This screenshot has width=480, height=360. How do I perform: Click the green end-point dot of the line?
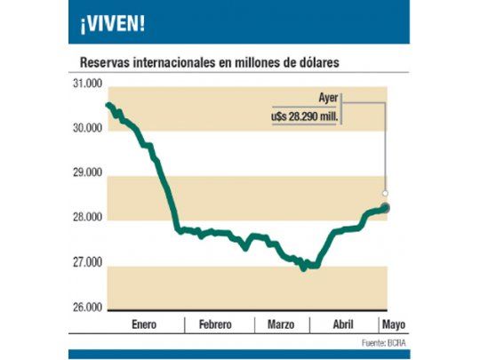coord(385,208)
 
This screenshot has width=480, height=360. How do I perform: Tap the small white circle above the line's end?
coord(385,192)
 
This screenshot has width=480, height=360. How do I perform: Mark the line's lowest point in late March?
coord(304,267)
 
